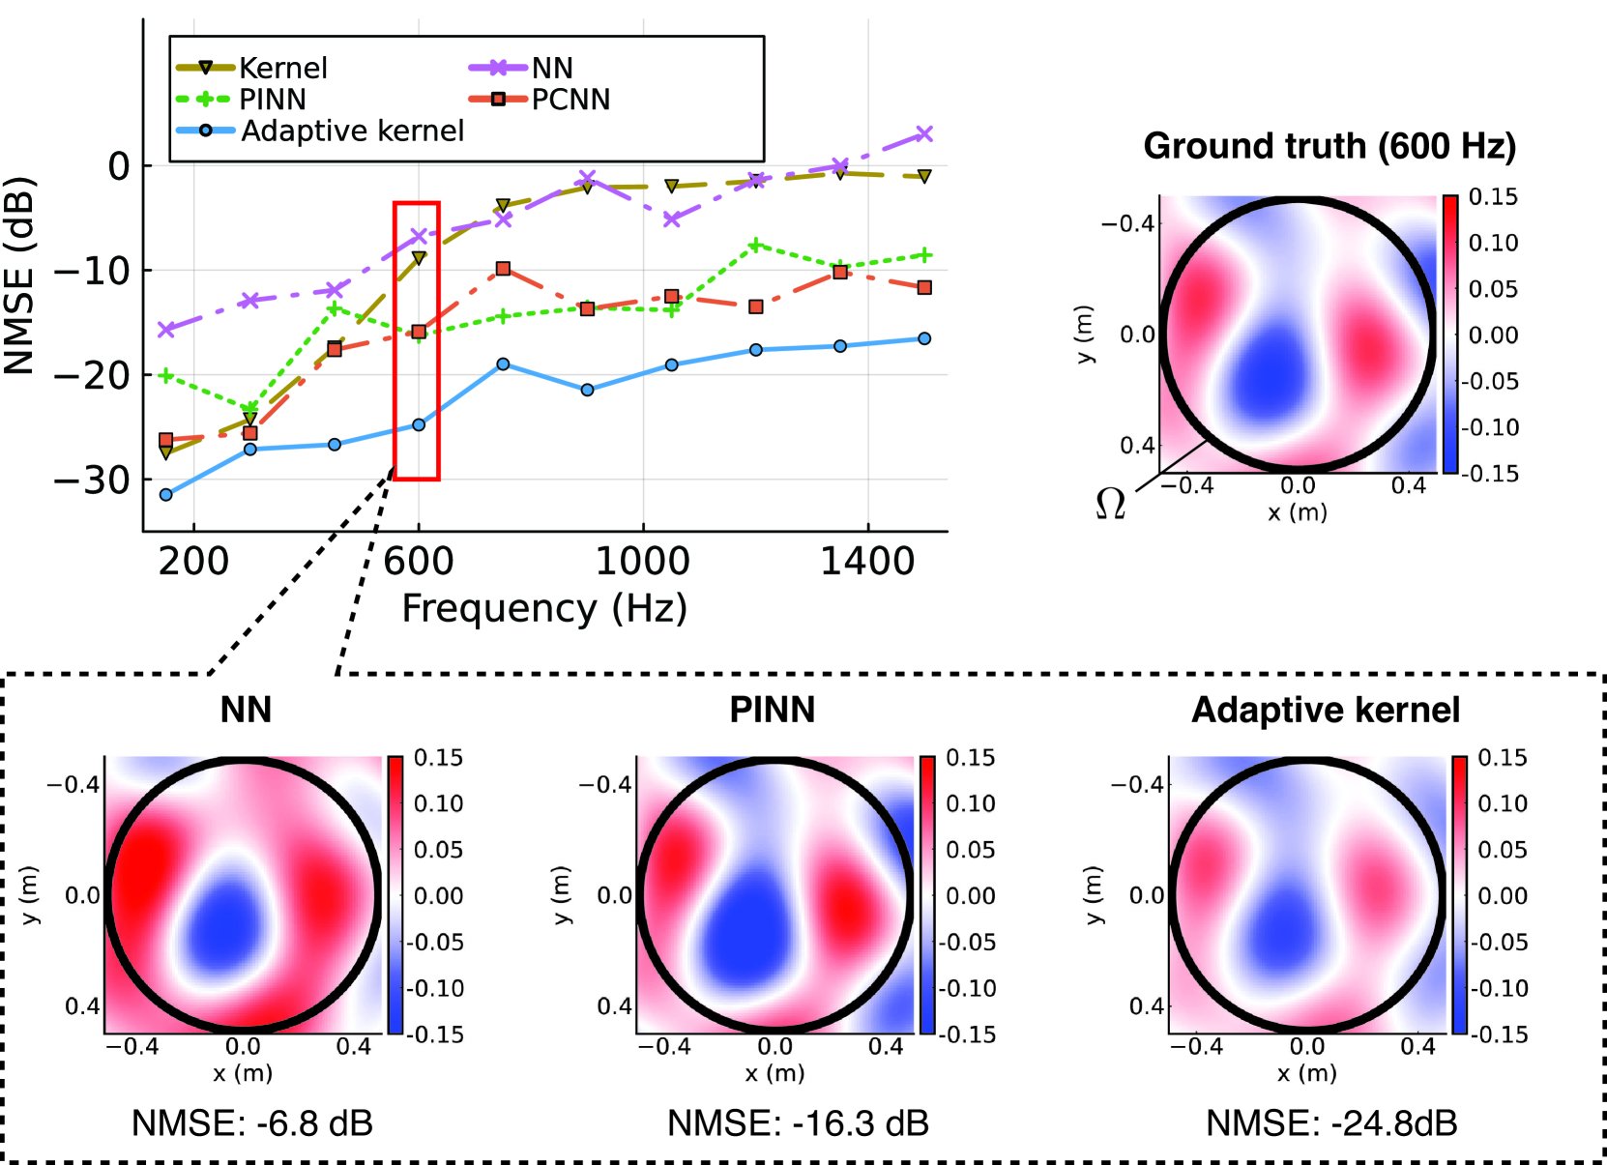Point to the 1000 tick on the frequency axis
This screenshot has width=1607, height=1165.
click(642, 561)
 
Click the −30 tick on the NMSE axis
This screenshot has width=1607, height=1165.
click(92, 480)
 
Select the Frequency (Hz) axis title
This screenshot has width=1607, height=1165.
click(544, 609)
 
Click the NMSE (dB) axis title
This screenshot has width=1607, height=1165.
click(19, 276)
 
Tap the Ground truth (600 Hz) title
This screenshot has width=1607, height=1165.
click(1329, 146)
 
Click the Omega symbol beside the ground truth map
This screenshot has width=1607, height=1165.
click(1110, 504)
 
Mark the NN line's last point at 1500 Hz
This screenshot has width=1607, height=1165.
click(924, 134)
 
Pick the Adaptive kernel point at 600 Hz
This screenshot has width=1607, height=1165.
click(419, 425)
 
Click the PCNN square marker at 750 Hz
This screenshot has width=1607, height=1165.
click(503, 269)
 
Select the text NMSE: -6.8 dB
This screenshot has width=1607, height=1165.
click(251, 1123)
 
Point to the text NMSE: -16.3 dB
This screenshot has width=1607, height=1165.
click(798, 1123)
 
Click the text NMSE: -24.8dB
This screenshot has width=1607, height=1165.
click(1331, 1123)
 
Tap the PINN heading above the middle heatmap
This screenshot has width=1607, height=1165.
click(772, 710)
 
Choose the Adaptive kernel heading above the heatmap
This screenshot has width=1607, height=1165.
click(1325, 710)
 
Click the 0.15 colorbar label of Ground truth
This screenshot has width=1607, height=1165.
click(1493, 197)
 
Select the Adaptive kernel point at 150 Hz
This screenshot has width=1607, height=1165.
click(165, 495)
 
